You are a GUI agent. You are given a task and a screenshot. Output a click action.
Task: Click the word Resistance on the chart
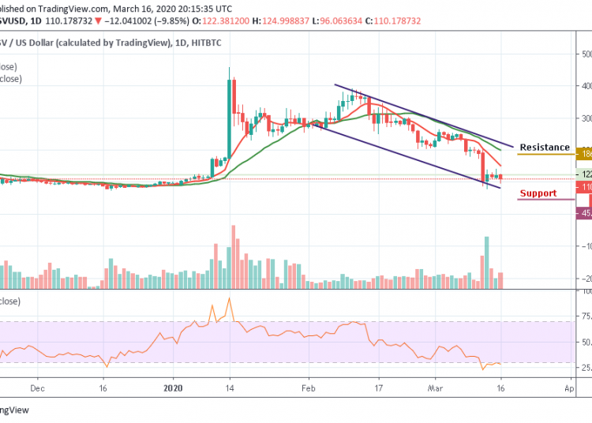coord(545,148)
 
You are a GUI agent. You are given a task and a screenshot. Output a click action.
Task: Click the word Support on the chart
coord(538,193)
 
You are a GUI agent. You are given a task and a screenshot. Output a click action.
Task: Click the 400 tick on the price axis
coord(586,86)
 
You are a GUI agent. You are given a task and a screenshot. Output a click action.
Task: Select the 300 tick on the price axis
coord(586,118)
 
